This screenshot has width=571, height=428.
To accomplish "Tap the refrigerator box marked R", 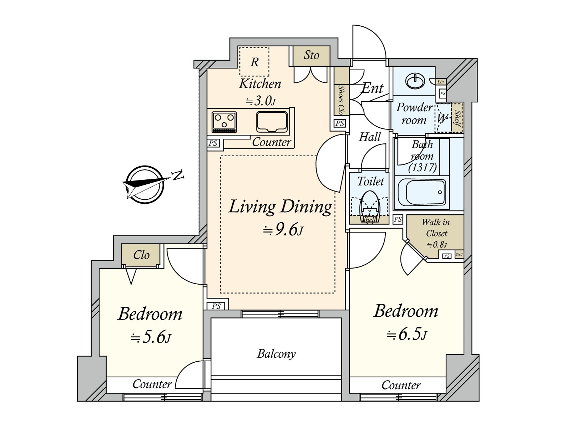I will tap(254, 62).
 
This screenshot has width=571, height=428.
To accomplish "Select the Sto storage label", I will tap(312, 55).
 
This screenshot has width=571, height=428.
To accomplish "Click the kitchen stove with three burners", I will tap(224, 122).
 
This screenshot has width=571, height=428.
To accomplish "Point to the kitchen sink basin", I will tap(272, 122).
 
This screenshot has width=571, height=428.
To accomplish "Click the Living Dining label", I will tap(280, 207).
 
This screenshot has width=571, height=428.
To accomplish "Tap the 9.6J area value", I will tap(283, 230).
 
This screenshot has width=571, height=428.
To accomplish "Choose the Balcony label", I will tap(276, 354).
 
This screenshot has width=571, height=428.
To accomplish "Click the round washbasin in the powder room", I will tap(415, 81).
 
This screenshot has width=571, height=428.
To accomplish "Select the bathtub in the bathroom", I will tap(422, 192).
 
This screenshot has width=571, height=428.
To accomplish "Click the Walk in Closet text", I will tap(436, 228).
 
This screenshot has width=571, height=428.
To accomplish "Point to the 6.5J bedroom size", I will tap(407, 335).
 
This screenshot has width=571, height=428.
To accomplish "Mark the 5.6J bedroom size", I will tap(151, 337).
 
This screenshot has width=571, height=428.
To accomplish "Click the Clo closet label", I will tap(141, 255).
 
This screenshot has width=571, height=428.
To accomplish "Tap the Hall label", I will tap(370, 137).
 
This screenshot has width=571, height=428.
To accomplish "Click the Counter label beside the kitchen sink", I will tap(272, 142).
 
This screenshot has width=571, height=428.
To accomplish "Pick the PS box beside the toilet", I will tap(398, 219).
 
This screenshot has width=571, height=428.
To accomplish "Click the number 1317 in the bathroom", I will tap(423, 167).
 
